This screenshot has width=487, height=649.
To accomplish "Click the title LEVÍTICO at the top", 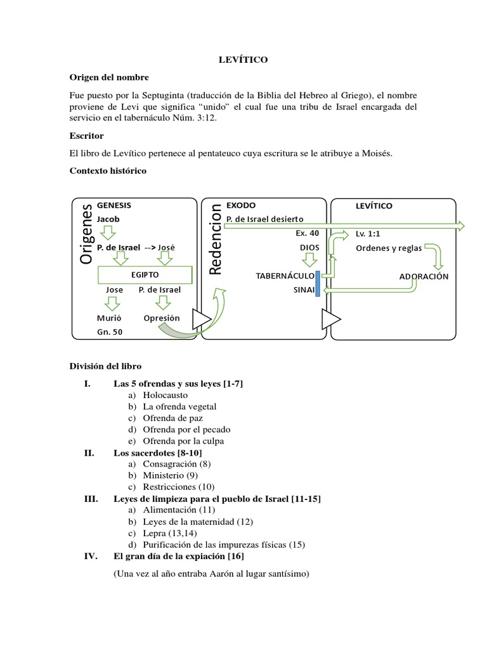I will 243,60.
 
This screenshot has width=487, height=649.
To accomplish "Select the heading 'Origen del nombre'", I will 109,77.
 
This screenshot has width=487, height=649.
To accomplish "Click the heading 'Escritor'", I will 86,136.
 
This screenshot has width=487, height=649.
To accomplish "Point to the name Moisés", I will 375,153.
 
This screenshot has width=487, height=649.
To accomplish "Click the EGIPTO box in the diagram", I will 145,275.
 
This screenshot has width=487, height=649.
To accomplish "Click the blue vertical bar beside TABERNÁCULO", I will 317,282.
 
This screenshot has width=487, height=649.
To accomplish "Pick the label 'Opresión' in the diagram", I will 162,318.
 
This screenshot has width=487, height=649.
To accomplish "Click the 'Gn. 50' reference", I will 110,331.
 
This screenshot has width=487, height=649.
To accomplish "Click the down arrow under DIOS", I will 309,260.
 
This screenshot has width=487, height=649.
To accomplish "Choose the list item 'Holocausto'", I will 165,395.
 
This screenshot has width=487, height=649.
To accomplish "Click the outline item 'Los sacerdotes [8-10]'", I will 157,453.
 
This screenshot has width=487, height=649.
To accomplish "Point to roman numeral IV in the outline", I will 89,556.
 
